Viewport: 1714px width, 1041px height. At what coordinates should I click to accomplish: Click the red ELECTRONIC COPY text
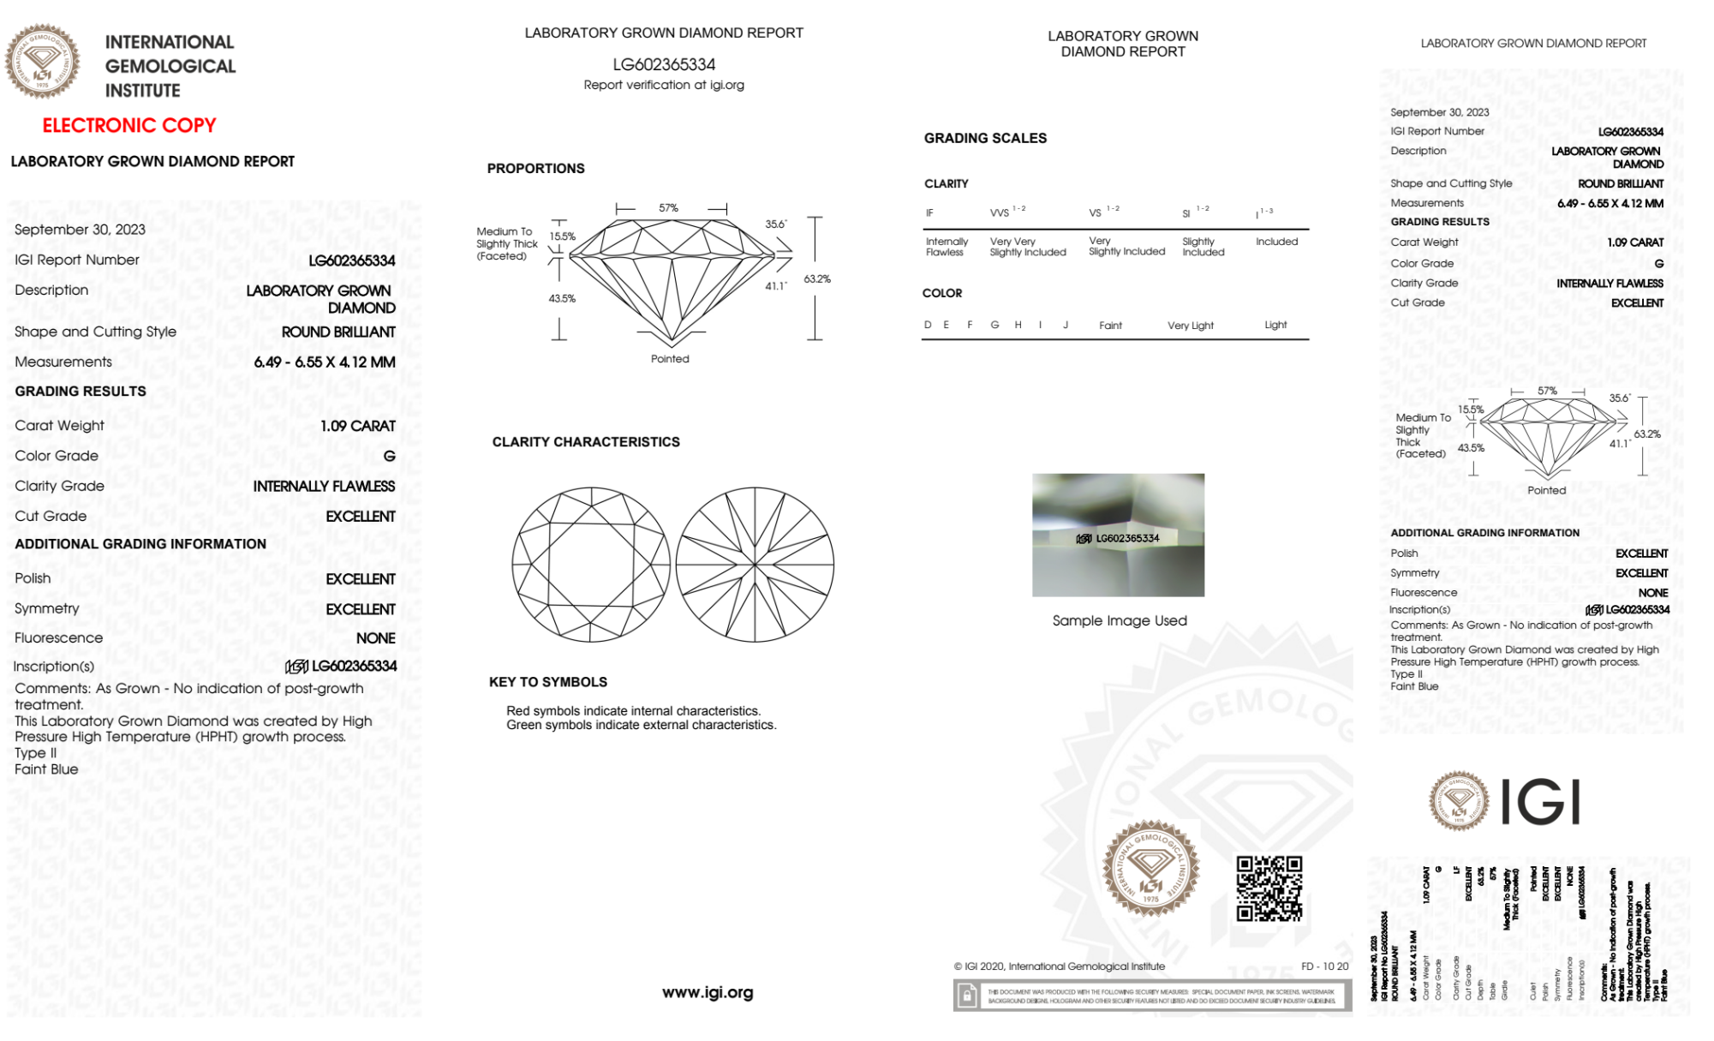(x=129, y=126)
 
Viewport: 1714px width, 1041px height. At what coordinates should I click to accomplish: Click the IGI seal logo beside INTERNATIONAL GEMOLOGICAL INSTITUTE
(x=42, y=61)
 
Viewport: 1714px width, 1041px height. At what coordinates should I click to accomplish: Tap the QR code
(x=1269, y=888)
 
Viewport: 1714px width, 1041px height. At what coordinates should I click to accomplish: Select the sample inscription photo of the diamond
(x=1118, y=535)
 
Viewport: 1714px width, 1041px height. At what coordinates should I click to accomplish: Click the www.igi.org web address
(x=708, y=992)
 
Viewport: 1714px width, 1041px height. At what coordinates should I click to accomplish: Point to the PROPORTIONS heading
(x=535, y=169)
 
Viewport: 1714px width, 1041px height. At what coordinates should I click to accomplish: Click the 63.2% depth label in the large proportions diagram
(x=817, y=279)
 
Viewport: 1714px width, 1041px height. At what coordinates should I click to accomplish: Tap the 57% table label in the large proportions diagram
(x=668, y=208)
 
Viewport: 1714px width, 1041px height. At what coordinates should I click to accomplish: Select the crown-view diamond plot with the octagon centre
(x=591, y=565)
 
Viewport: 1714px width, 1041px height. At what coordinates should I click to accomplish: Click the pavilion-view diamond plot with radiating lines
(x=755, y=565)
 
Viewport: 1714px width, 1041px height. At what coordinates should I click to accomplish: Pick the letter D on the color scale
(x=928, y=325)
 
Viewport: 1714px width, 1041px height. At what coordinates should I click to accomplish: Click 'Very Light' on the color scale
(x=1190, y=326)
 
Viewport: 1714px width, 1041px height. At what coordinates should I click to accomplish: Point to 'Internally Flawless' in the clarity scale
(x=947, y=247)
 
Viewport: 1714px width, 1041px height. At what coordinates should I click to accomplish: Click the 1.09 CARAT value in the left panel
(x=358, y=426)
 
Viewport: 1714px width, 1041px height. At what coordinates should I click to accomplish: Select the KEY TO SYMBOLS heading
(x=548, y=682)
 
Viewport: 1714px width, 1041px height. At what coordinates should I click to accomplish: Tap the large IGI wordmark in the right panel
(x=1541, y=803)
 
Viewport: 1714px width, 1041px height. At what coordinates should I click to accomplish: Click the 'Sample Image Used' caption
(x=1120, y=620)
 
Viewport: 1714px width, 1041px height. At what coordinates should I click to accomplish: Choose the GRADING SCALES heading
(x=985, y=138)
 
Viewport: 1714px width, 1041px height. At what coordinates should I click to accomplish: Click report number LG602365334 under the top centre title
(x=664, y=64)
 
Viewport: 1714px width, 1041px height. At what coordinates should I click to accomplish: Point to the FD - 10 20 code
(x=1324, y=966)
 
